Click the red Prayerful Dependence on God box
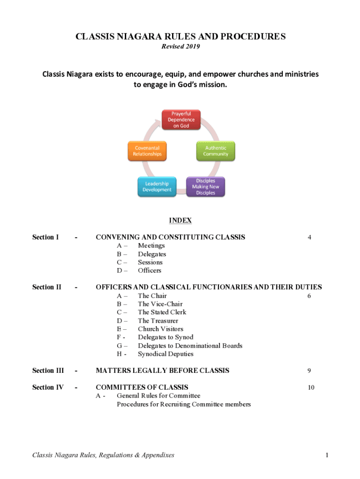(181, 120)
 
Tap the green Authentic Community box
(216, 151)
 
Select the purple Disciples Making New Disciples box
(205, 187)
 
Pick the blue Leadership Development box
(157, 187)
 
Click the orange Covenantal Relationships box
(147, 151)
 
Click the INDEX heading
(180, 220)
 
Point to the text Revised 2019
(180, 46)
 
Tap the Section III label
(48, 370)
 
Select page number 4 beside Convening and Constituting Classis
(310, 238)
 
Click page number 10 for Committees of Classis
(311, 387)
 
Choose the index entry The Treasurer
(158, 321)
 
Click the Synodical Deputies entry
(166, 354)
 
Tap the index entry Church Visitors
(160, 329)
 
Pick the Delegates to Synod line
(166, 337)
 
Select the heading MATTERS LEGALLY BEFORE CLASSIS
(162, 370)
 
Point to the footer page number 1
(327, 455)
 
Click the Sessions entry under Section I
(150, 262)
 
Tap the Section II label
(46, 287)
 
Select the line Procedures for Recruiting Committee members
(184, 404)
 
